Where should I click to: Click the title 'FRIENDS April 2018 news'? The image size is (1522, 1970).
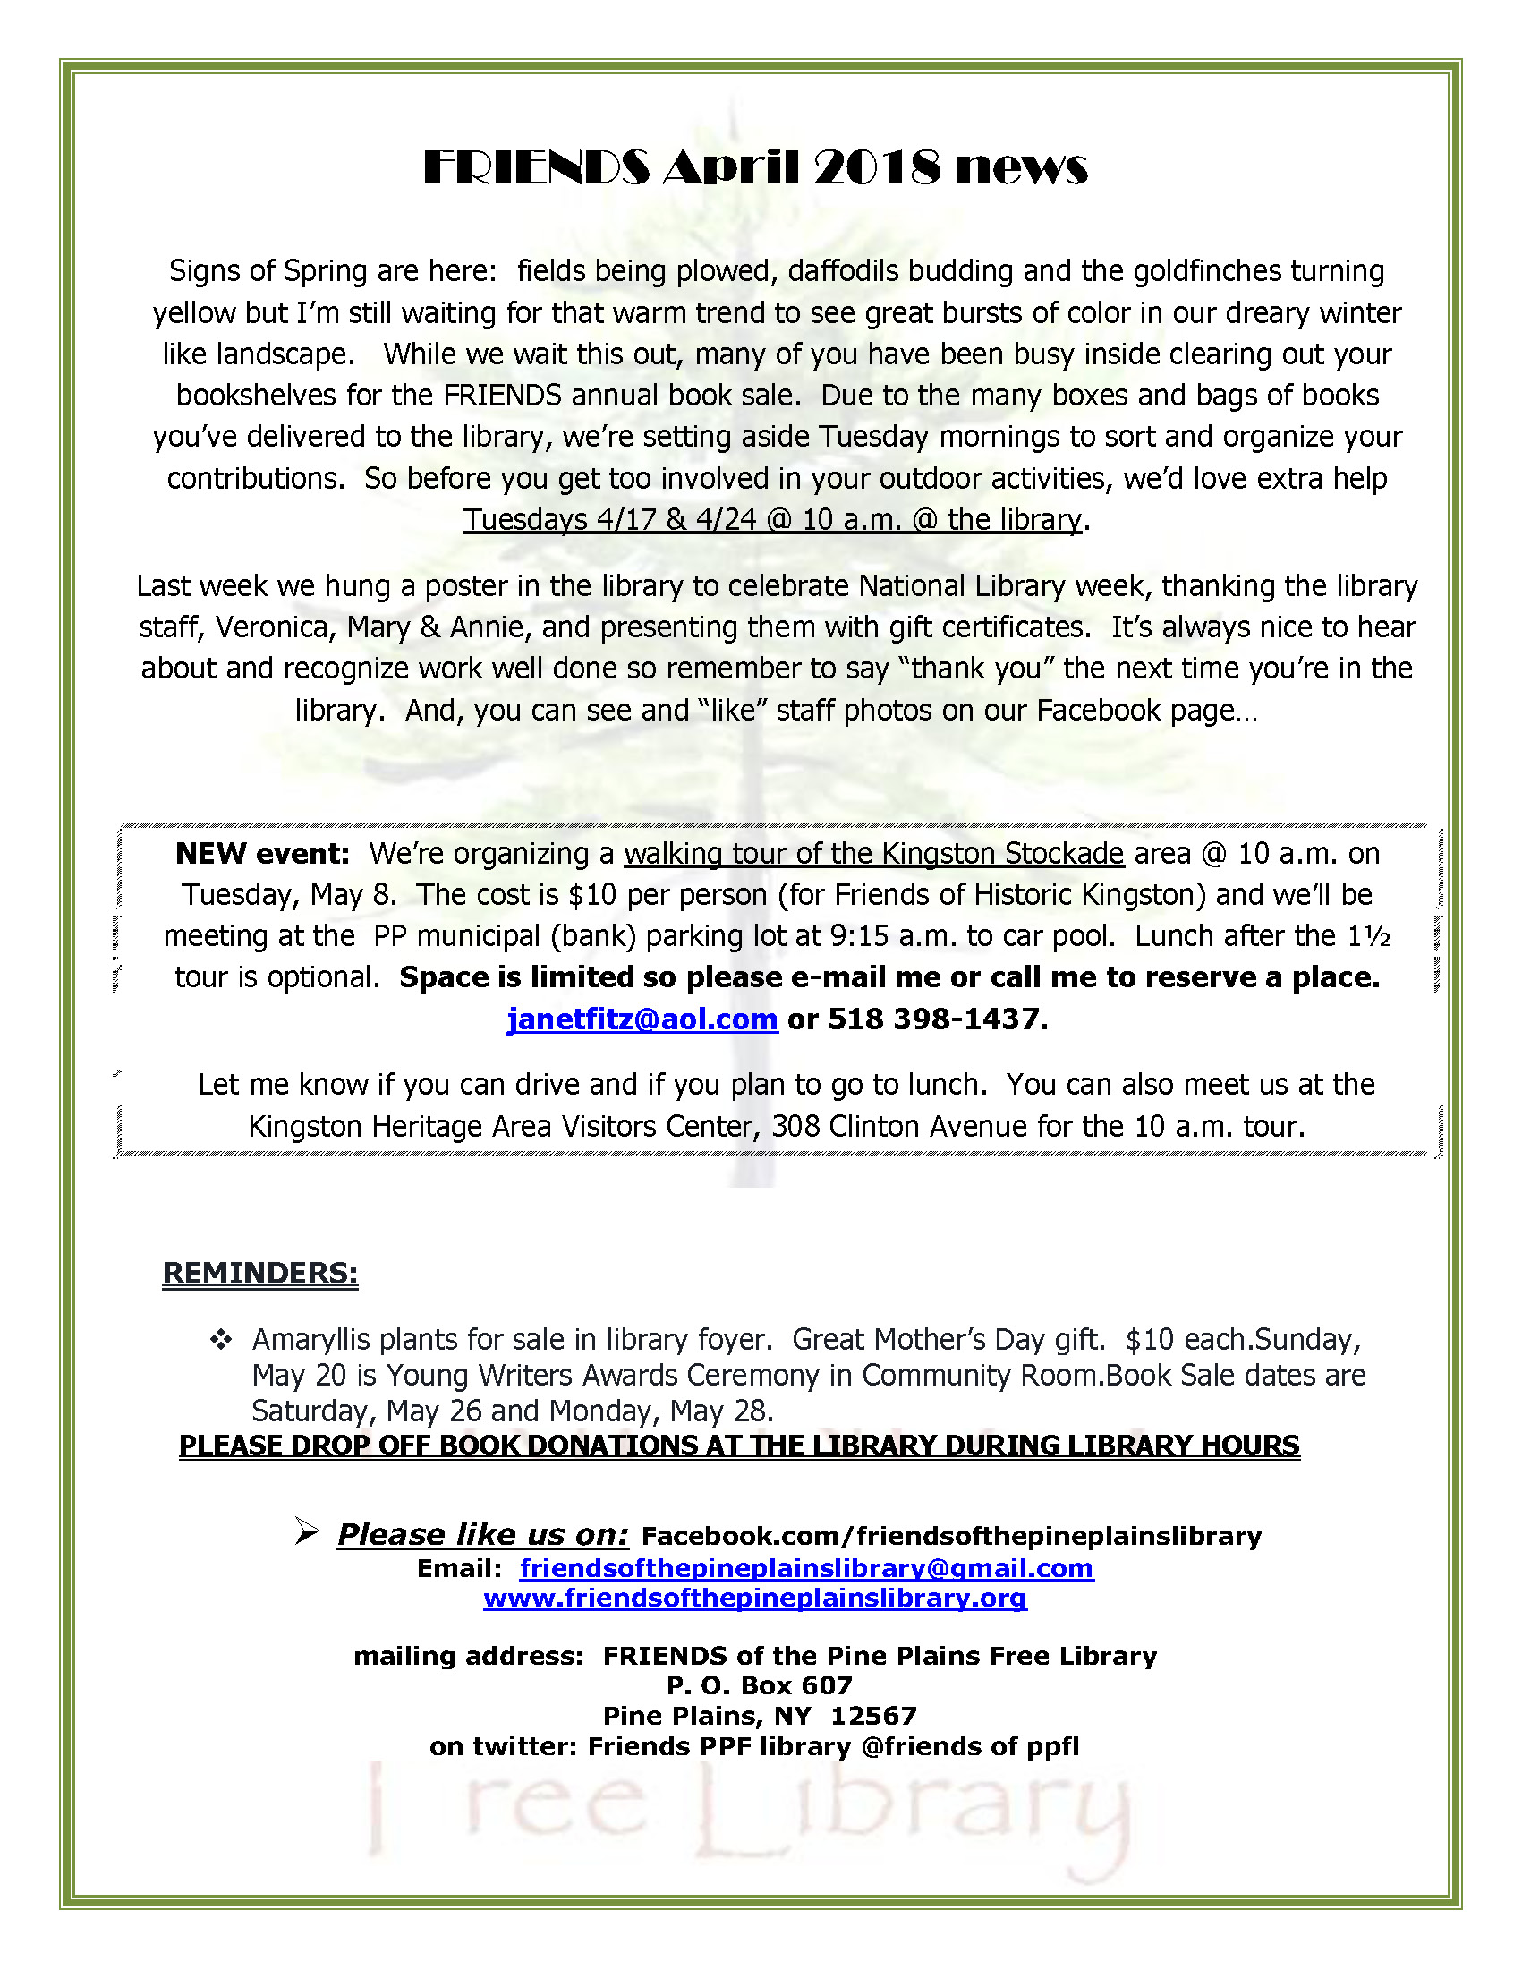[x=755, y=167]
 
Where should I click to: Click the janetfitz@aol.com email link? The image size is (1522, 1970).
[x=642, y=1019]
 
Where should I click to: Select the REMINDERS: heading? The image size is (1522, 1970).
[x=259, y=1273]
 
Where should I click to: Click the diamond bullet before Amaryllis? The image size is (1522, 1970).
[x=220, y=1340]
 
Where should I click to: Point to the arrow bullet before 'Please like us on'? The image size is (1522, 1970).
[x=307, y=1531]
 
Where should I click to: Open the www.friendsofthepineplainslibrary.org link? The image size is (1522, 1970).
[x=754, y=1599]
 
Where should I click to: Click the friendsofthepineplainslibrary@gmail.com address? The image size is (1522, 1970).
[x=806, y=1569]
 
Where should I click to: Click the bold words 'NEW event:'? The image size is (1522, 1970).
[x=261, y=853]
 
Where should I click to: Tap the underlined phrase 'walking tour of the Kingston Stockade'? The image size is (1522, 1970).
[x=873, y=853]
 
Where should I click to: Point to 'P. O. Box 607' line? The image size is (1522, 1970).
[x=759, y=1685]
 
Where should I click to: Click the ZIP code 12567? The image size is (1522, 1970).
[x=872, y=1716]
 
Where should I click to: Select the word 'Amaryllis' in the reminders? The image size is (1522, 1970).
[x=311, y=1340]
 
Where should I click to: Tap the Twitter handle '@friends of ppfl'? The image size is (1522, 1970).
[x=970, y=1747]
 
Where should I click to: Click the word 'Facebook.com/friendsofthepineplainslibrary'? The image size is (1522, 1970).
[x=950, y=1536]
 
